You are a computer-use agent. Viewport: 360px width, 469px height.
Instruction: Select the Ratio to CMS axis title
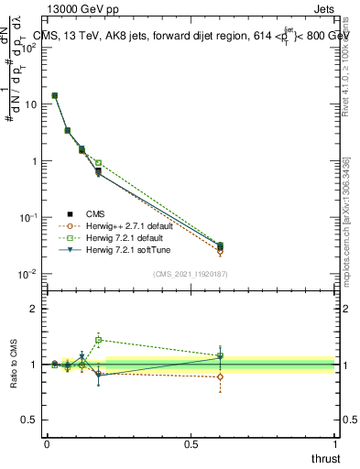tap(14, 364)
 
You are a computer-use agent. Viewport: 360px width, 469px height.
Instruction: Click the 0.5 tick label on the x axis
tap(191, 444)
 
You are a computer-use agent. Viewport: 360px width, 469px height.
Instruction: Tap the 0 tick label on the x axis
tap(47, 444)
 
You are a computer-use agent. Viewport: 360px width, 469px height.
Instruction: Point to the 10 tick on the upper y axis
tap(29, 104)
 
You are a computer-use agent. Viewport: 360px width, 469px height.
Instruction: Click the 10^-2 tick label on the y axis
tap(27, 274)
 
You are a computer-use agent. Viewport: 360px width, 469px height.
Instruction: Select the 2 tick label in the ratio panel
tap(34, 309)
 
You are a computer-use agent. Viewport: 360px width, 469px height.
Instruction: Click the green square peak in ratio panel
tap(99, 339)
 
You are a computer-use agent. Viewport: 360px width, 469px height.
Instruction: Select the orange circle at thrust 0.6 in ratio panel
tap(220, 376)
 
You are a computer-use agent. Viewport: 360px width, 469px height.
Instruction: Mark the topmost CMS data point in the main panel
tap(55, 95)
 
